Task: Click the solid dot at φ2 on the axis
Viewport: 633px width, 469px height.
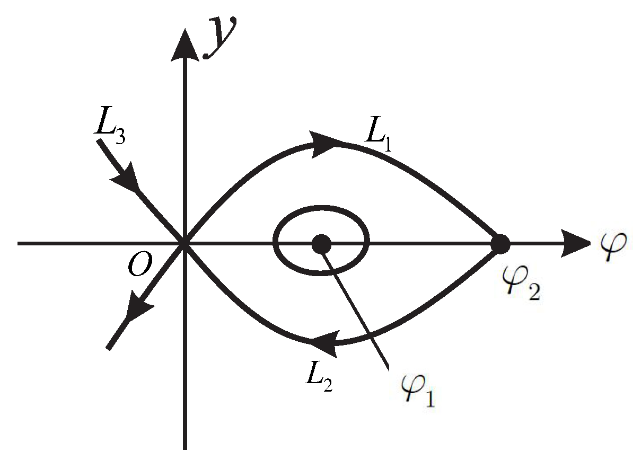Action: tap(500, 244)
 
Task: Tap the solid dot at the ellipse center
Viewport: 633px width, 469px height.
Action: tap(321, 244)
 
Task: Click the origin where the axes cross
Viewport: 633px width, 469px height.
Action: tap(184, 244)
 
